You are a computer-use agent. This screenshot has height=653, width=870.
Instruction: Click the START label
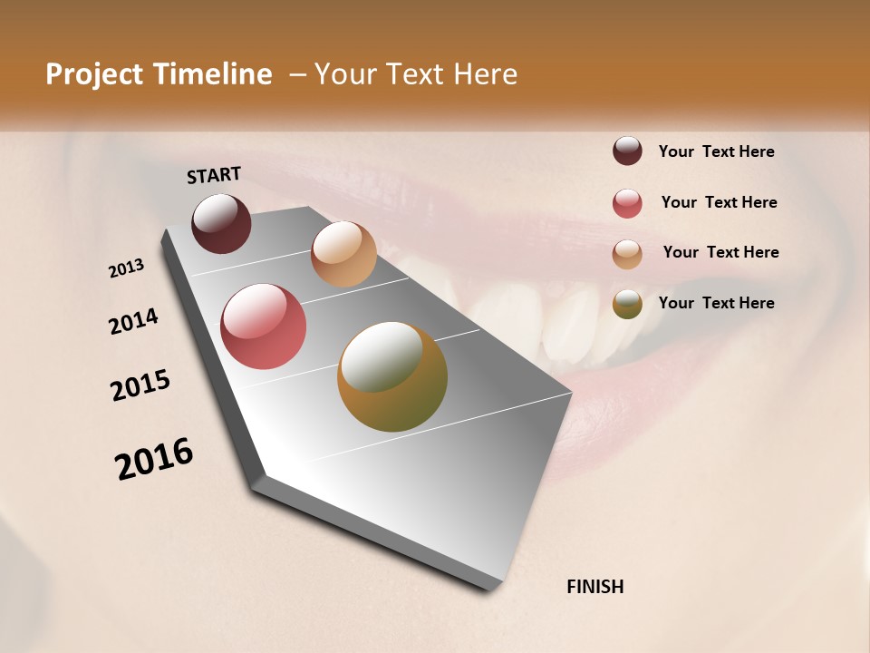(x=214, y=175)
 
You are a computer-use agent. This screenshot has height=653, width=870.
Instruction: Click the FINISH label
(x=594, y=587)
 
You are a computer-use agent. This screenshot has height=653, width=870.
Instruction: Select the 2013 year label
(x=127, y=268)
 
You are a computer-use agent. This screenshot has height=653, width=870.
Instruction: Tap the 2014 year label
(x=134, y=321)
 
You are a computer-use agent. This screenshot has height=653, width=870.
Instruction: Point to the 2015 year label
(x=140, y=385)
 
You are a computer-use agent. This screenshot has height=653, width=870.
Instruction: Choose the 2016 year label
(x=154, y=459)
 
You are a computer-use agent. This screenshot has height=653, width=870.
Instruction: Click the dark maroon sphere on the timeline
(x=221, y=224)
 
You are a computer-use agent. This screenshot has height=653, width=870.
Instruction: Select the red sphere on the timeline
(x=264, y=326)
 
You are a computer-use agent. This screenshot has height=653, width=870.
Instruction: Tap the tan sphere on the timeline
(x=343, y=254)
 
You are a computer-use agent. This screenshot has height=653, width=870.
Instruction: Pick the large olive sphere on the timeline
(x=391, y=376)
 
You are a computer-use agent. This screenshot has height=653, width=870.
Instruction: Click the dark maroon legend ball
(x=627, y=151)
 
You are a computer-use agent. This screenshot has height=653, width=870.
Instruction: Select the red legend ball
(x=627, y=203)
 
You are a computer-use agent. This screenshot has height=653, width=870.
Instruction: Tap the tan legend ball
(x=627, y=254)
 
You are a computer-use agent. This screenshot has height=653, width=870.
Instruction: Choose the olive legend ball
(x=627, y=305)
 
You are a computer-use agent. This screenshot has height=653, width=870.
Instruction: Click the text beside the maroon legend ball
(x=716, y=151)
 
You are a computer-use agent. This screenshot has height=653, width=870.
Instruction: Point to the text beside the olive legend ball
(x=716, y=303)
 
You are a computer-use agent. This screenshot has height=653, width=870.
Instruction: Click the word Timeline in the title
(x=212, y=74)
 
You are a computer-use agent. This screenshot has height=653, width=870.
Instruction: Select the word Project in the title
(x=94, y=74)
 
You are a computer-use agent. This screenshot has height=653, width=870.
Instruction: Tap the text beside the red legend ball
(x=719, y=202)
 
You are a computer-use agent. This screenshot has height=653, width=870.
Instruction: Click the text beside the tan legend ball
(x=720, y=252)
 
